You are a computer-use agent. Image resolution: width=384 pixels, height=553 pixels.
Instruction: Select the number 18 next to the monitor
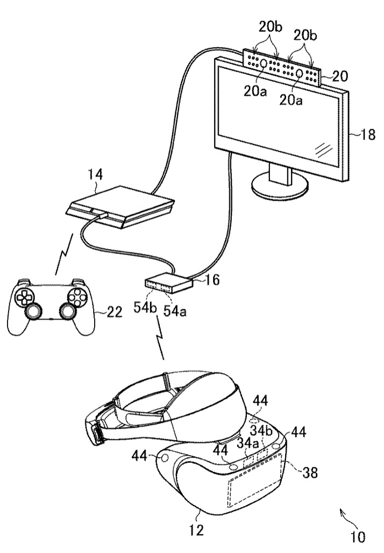tap(367, 134)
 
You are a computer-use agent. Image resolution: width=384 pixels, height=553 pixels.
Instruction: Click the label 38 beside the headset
tap(309, 472)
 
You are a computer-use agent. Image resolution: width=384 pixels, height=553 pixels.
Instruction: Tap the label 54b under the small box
tap(145, 308)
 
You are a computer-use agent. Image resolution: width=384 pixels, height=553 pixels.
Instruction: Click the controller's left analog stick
tap(33, 311)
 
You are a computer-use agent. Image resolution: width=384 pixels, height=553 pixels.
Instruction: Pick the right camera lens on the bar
tap(300, 73)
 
